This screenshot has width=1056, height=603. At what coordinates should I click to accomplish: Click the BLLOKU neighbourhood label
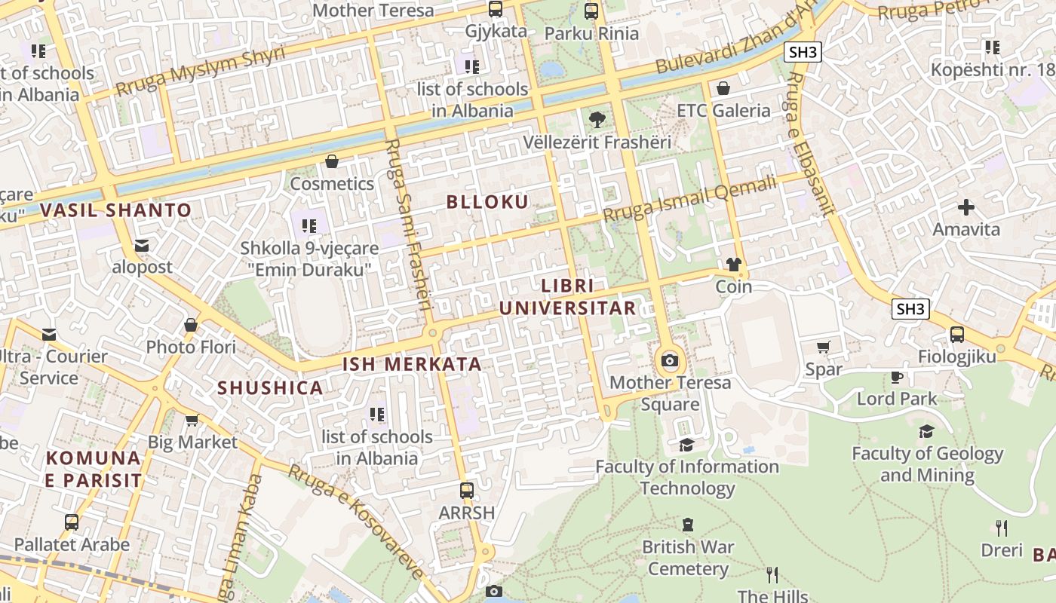point(487,202)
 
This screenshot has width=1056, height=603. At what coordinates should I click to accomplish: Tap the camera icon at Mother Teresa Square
point(669,360)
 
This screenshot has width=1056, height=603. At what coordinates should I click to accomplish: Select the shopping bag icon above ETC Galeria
point(723,88)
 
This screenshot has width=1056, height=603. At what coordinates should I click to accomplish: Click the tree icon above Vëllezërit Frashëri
point(597,119)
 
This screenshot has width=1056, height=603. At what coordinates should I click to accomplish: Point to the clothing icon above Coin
point(733,265)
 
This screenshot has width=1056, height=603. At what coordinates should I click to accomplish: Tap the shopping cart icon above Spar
point(823,347)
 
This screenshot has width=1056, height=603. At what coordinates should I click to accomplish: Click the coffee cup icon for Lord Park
point(896,377)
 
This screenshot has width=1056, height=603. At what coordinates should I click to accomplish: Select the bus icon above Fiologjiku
point(956,334)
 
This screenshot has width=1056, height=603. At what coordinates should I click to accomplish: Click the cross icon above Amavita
point(966,207)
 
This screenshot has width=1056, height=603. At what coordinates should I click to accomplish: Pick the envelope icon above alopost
point(142,245)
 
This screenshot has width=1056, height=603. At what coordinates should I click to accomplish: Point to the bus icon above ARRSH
point(467,491)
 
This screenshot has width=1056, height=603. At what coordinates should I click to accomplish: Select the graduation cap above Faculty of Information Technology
point(686,445)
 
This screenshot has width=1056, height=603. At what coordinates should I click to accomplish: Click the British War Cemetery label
point(688,557)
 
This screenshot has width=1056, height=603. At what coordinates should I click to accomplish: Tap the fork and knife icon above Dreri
point(1001,528)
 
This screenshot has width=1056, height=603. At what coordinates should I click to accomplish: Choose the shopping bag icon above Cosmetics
point(331,161)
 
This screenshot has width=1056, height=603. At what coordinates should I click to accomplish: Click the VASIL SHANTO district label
point(117,210)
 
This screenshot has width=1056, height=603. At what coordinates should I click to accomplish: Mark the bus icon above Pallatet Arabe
point(72,522)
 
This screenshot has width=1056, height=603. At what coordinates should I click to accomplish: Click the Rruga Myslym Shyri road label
point(200,72)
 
